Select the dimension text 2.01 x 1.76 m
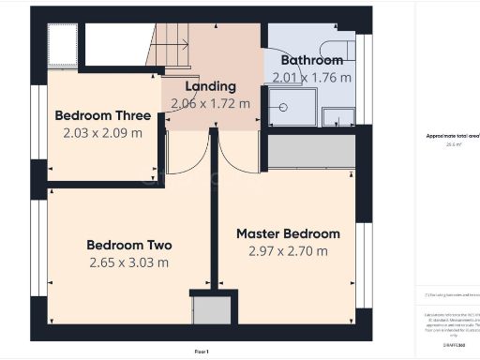[x=312, y=77]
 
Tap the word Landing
[x=210, y=86]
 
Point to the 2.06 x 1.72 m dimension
[x=210, y=103]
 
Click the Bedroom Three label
[x=103, y=115]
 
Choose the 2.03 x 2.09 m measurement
[x=103, y=133]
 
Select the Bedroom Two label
[x=129, y=245]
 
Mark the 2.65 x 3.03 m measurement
[x=129, y=262]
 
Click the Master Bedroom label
[x=288, y=233]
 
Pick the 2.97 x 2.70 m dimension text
[x=288, y=251]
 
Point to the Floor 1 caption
[x=202, y=351]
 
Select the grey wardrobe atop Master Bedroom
[x=311, y=152]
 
